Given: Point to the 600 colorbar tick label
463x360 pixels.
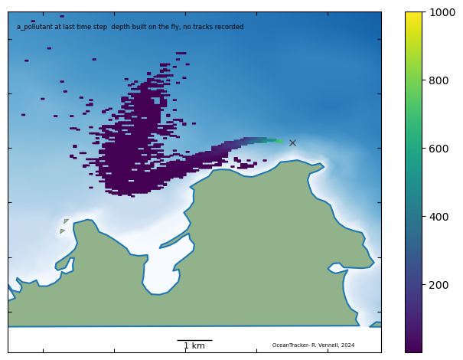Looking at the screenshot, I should point(437,148).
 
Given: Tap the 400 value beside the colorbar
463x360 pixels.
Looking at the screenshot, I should point(437,217).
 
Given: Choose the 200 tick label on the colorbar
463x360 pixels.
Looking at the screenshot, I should point(437,285).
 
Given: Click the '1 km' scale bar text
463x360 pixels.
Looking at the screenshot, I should point(194,346).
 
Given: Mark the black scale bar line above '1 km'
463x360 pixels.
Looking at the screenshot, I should point(194,340).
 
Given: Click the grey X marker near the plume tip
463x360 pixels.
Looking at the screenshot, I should point(292,142).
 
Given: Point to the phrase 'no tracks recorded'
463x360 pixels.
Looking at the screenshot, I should point(214,27).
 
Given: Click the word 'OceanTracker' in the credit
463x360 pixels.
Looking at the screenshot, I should point(289,345).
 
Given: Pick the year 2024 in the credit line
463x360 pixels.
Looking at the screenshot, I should point(347,345).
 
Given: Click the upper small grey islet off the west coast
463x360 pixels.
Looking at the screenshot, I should point(67,221).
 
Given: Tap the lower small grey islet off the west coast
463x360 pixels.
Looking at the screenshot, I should point(62,231).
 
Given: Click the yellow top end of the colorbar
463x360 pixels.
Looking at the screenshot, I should point(414,15).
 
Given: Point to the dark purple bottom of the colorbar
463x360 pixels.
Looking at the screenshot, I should point(414,349).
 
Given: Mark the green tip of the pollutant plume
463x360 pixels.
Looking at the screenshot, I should point(279,141).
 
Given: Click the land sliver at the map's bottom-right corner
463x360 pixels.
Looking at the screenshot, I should point(376,325).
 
